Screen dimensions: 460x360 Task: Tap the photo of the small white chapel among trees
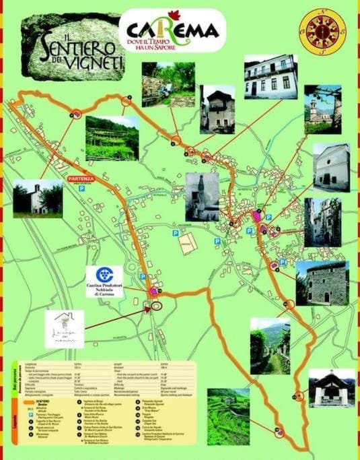38,199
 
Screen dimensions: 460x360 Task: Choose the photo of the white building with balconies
270,77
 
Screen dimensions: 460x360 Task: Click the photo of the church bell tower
322,108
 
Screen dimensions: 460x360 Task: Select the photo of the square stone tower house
322,283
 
